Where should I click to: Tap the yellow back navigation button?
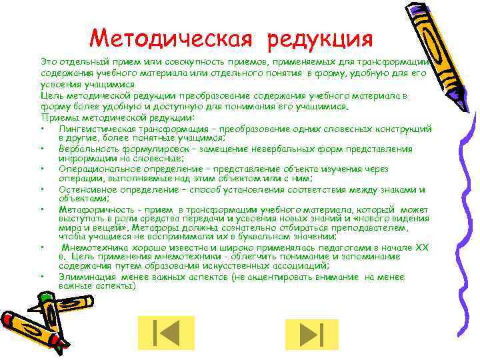tap(165, 333)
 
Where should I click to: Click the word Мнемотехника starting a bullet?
tap(94, 246)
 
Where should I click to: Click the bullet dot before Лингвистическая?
tap(42, 129)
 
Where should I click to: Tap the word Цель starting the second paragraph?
tap(51, 95)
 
